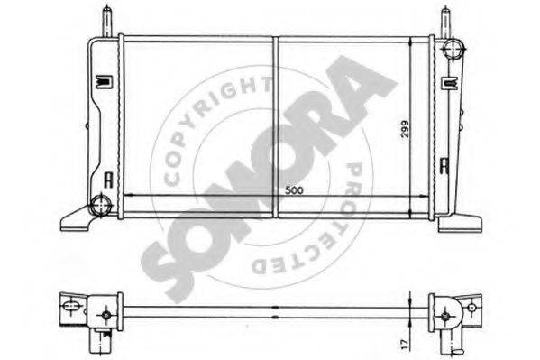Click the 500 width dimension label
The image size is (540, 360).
point(294,190)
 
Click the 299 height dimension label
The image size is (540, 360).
point(405,129)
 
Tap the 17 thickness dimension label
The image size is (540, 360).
point(405,343)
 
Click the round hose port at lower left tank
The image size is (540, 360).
point(101,205)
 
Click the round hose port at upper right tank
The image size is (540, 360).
point(453,49)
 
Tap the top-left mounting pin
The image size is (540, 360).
point(107,22)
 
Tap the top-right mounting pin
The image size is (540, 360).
point(445,22)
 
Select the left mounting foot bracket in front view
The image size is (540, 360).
point(76,219)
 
